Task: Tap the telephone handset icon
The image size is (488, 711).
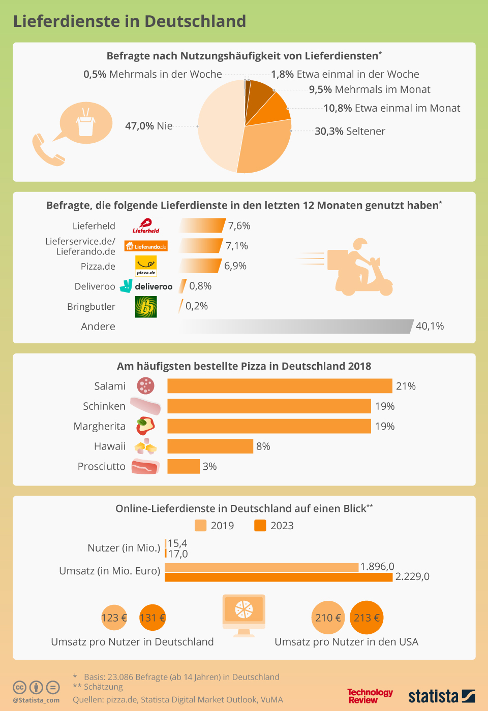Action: (x=47, y=150)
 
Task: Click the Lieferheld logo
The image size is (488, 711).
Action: (x=146, y=226)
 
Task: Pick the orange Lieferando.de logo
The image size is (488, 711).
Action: (x=146, y=246)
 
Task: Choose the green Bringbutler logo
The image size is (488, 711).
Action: (x=146, y=307)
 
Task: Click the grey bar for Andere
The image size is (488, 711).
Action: (x=297, y=327)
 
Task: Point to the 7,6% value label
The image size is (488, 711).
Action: (x=239, y=225)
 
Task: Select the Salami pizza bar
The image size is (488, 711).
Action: (x=280, y=386)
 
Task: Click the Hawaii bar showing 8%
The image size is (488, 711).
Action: (x=210, y=446)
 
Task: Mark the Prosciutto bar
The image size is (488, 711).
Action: (x=184, y=466)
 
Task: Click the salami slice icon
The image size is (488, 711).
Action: (x=146, y=386)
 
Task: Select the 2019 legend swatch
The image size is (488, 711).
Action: (x=201, y=526)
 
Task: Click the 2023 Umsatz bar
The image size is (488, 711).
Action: (x=279, y=577)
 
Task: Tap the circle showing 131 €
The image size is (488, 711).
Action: (x=152, y=618)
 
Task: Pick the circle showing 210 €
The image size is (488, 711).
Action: (x=328, y=618)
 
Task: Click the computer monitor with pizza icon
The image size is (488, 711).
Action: (x=244, y=615)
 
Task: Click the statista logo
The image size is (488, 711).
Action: (x=441, y=696)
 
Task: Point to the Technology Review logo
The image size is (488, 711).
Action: (x=370, y=696)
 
